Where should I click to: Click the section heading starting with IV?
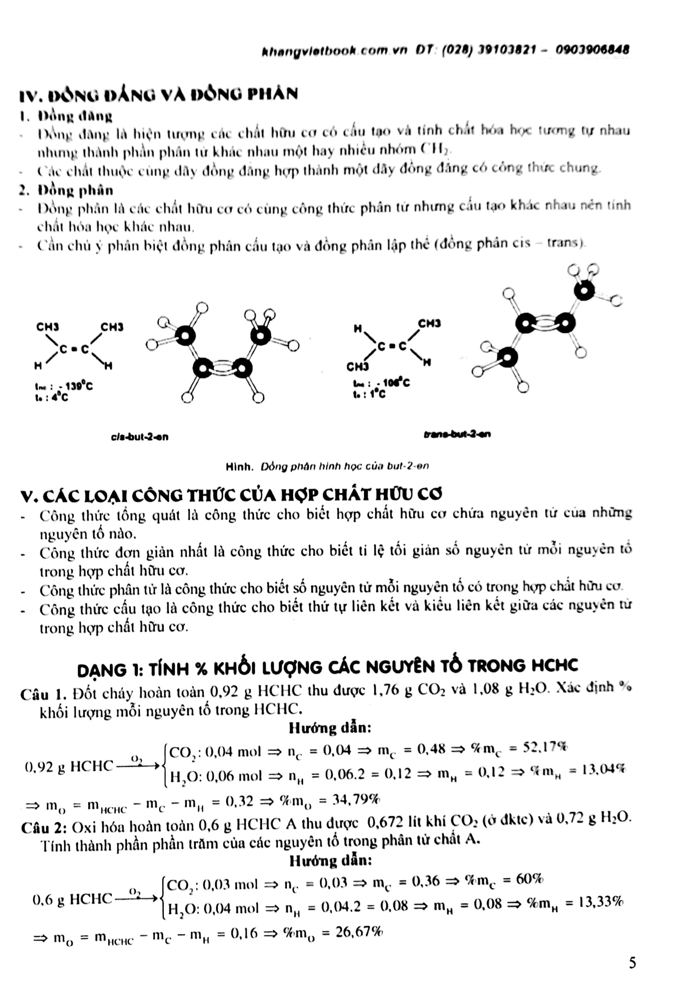point(158,94)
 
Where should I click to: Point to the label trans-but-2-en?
point(457,434)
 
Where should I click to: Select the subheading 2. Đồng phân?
point(66,190)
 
